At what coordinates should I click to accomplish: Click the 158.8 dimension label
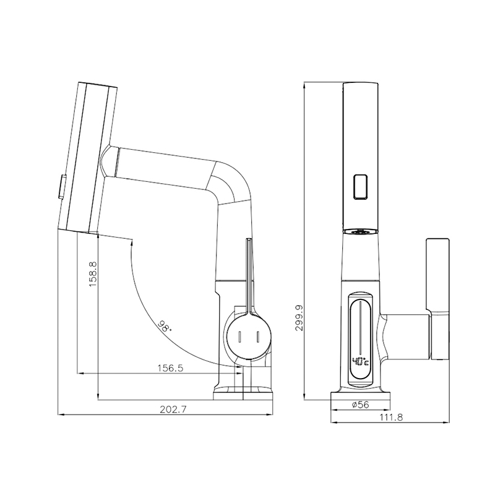click(93, 273)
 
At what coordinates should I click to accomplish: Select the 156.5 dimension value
click(170, 368)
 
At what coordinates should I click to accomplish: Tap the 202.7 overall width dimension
click(173, 409)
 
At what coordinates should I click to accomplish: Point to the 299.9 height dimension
click(299, 317)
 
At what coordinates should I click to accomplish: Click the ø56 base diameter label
click(360, 405)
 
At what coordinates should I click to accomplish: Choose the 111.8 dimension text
click(391, 417)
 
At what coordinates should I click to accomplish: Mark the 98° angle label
click(164, 326)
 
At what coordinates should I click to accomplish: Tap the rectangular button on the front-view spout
click(360, 187)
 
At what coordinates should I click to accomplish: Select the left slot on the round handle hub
click(239, 337)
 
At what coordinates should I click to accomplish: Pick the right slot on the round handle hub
click(258, 337)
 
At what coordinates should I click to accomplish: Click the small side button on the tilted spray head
click(61, 187)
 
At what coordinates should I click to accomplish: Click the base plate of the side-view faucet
click(243, 396)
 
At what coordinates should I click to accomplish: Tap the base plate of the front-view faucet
click(360, 396)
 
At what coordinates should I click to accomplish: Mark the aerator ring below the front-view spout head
click(360, 231)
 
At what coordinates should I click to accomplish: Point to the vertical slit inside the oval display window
click(360, 328)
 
